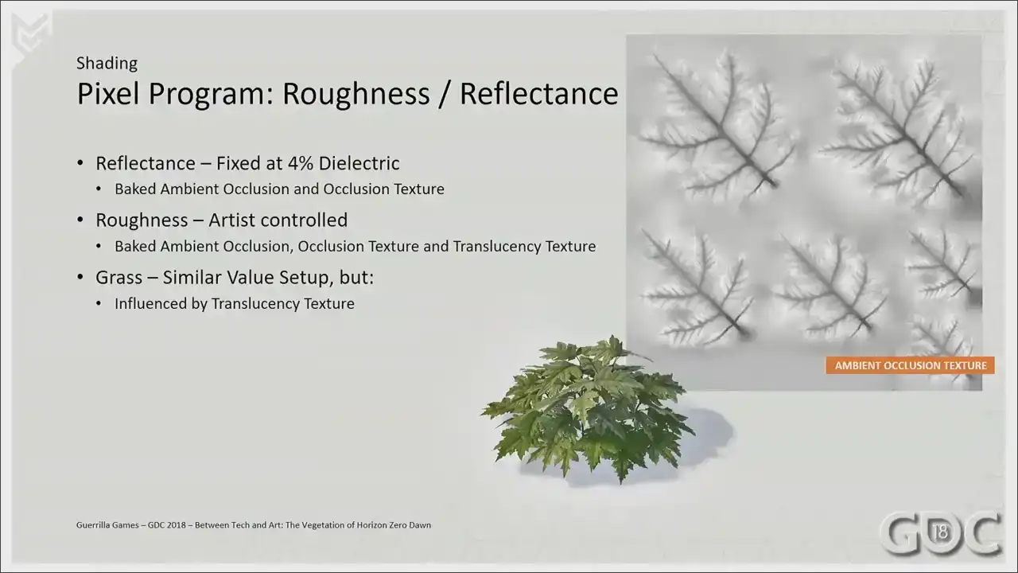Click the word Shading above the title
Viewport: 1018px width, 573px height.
[x=107, y=64]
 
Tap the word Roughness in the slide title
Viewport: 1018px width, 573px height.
[x=356, y=94]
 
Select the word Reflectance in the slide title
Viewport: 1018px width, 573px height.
[x=539, y=94]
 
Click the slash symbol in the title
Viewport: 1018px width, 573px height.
[x=445, y=94]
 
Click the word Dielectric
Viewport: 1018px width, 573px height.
[x=359, y=163]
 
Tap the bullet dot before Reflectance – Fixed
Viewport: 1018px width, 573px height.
[x=80, y=163]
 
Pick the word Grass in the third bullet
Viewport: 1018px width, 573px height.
[x=119, y=278]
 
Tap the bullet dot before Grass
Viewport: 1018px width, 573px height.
[x=80, y=277]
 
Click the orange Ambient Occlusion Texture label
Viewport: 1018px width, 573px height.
[x=911, y=365]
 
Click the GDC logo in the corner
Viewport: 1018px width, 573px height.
[x=941, y=533]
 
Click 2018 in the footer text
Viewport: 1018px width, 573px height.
[x=176, y=524]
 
